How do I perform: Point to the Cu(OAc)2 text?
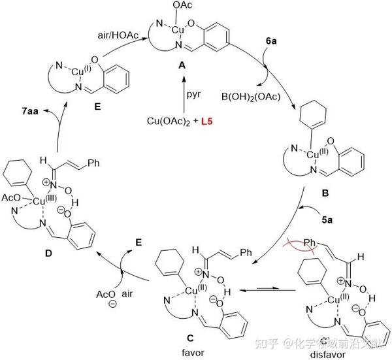click(168, 122)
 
